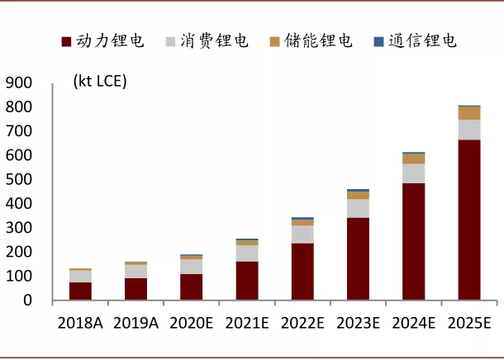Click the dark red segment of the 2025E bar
click(x=468, y=220)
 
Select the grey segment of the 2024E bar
click(x=413, y=173)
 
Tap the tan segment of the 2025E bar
click(x=468, y=113)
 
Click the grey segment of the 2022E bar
click(x=302, y=234)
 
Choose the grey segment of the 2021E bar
click(x=247, y=253)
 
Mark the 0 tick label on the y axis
click(x=26, y=301)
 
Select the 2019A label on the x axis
click(x=136, y=322)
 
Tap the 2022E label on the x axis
click(x=302, y=322)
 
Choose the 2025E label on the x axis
click(x=468, y=322)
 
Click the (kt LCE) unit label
click(x=100, y=81)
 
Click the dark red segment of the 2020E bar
click(x=192, y=287)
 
